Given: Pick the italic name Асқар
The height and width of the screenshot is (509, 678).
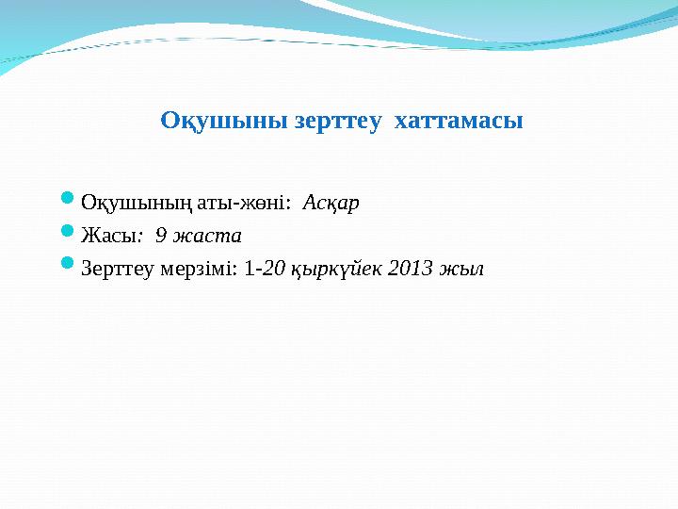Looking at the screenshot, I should pyautogui.click(x=331, y=203).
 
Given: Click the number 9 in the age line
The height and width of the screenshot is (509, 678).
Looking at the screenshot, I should pyautogui.click(x=161, y=236).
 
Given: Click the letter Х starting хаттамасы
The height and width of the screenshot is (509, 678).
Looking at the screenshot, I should pyautogui.click(x=401, y=122).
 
